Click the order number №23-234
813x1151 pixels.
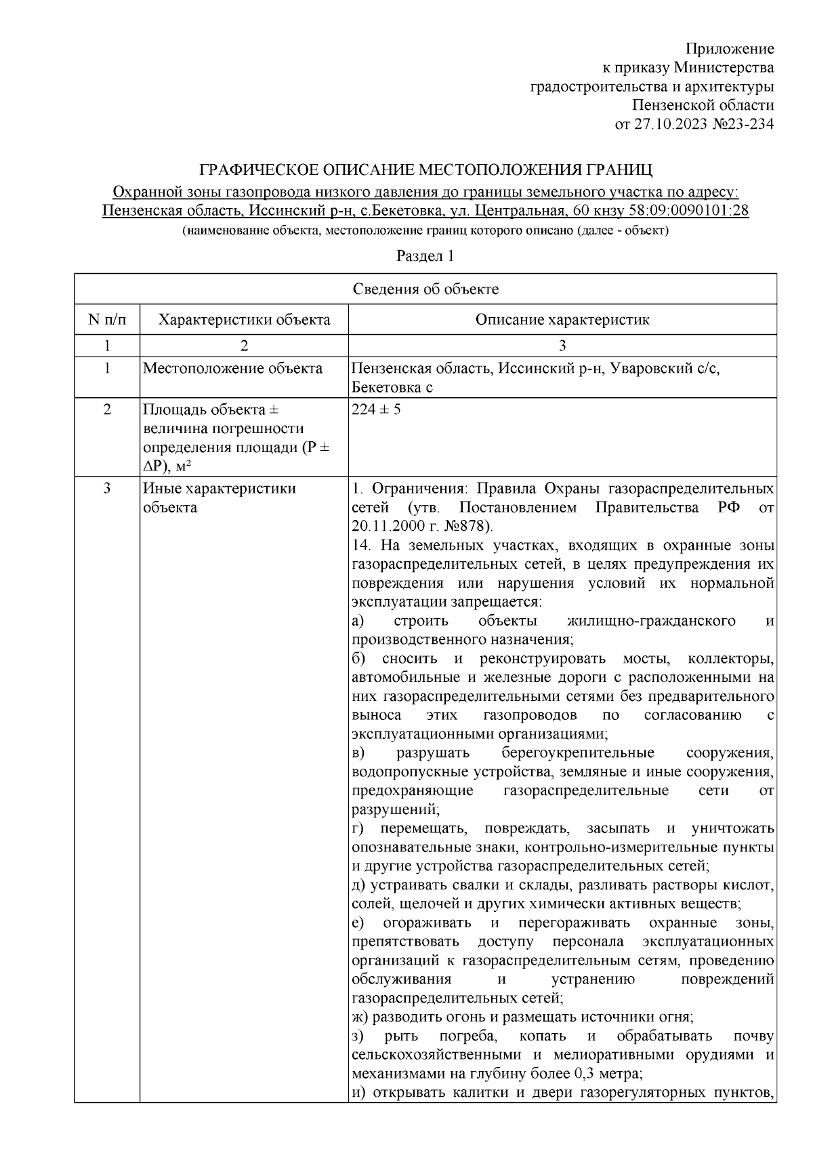tap(743, 124)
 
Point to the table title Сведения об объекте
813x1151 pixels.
tap(425, 289)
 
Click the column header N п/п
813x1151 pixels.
tap(106, 319)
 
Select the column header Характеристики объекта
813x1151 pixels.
tap(244, 319)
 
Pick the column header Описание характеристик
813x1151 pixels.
tap(562, 319)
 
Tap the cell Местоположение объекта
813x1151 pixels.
tap(232, 368)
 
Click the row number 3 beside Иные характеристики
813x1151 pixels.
tap(106, 488)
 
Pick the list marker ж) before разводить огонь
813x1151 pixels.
tap(360, 1016)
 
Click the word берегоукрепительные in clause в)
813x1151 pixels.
tap(578, 752)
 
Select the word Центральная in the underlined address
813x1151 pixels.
tap(520, 210)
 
